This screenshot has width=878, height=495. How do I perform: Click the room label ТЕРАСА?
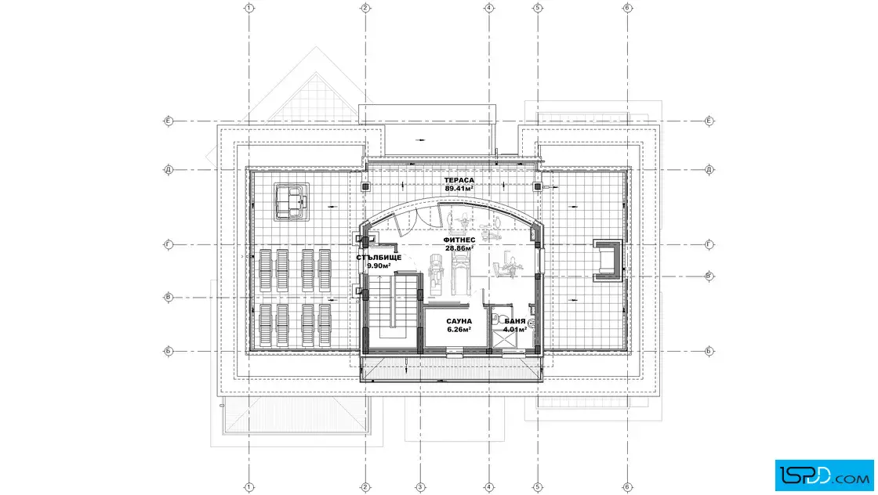tap(459, 180)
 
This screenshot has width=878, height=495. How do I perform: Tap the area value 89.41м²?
tap(459, 189)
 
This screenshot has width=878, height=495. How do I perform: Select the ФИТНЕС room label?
tap(459, 240)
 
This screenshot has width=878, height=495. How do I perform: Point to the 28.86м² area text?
tap(459, 248)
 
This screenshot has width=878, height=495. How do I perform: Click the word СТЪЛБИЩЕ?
tap(379, 258)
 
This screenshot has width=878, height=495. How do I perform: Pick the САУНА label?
tap(459, 322)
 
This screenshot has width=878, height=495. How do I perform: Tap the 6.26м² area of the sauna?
tap(459, 330)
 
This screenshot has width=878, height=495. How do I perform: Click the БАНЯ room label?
tap(515, 322)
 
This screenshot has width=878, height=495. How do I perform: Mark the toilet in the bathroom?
tap(496, 319)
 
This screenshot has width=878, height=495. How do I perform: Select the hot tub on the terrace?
tap(292, 201)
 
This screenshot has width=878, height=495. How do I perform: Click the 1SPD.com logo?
tap(824, 475)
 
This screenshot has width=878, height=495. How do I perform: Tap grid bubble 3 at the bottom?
tap(420, 487)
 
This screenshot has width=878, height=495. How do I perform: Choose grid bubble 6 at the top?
tap(627, 8)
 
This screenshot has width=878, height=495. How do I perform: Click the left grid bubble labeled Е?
tap(168, 121)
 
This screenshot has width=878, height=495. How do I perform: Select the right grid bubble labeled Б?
tap(709, 351)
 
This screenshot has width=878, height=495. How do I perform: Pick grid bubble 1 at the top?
tap(249, 8)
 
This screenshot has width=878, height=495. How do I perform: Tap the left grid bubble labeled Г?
tap(168, 244)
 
